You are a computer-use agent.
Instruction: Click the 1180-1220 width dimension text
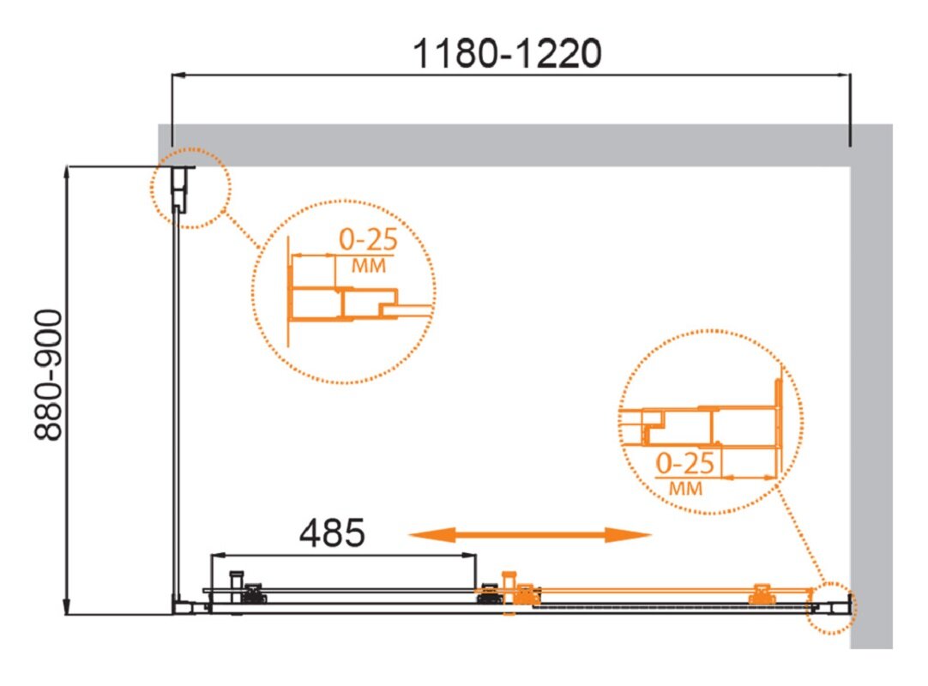[507, 54]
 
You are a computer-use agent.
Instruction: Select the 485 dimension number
[332, 533]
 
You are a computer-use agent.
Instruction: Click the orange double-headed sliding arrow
[530, 535]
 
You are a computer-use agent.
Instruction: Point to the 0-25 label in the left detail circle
[368, 240]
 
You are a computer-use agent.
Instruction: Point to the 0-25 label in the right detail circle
[685, 463]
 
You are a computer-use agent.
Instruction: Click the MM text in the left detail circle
[369, 266]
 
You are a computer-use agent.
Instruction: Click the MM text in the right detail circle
[685, 489]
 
